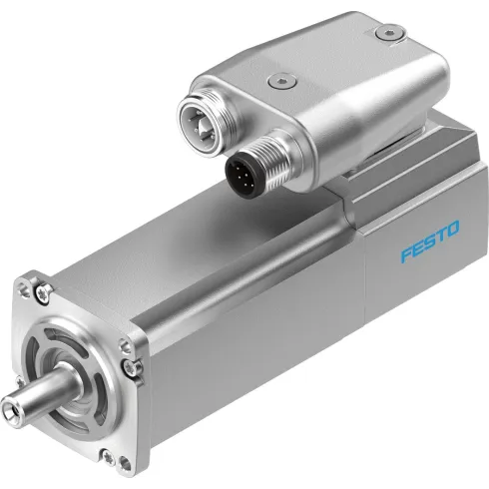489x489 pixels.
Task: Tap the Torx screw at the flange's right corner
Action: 127,368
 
